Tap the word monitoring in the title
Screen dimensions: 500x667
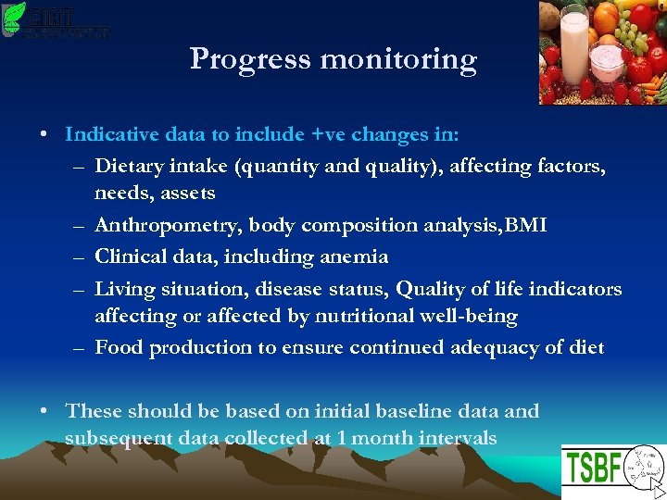[399, 60]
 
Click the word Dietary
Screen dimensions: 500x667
[129, 167]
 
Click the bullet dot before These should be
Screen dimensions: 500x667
[45, 410]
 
